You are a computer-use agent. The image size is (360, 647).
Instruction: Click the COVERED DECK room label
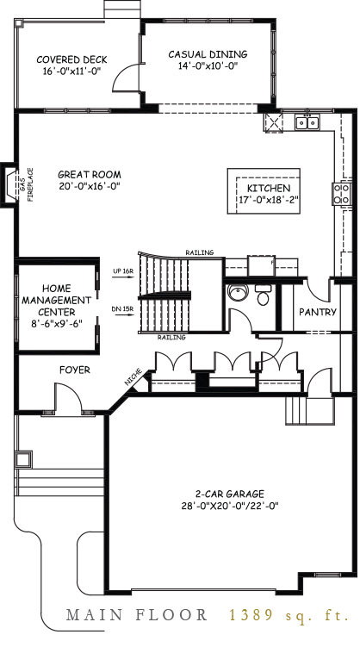point(71,59)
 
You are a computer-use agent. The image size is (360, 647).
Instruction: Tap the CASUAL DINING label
point(207,53)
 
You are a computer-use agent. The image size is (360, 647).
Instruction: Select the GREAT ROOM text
point(88,172)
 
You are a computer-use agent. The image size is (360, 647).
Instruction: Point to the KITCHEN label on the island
point(269,189)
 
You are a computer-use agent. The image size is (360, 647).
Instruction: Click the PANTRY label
point(318,313)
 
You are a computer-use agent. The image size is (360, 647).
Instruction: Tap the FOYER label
point(75,370)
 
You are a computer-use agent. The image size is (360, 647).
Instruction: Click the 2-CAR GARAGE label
point(229,494)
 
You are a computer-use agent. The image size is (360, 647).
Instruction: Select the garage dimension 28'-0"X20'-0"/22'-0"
point(229,507)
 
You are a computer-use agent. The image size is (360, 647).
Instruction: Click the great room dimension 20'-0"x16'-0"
point(88,184)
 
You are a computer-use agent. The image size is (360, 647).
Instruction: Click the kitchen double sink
point(306,123)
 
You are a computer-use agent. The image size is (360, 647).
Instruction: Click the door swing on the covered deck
point(126,72)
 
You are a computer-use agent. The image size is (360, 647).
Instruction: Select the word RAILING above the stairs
point(199,252)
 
